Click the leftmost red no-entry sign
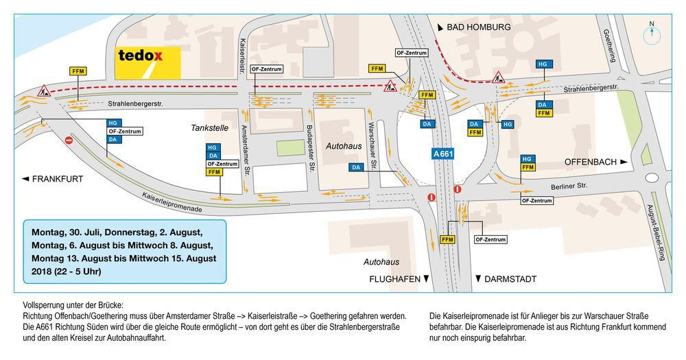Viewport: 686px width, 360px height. [69, 141]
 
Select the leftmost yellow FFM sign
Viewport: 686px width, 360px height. [78, 71]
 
